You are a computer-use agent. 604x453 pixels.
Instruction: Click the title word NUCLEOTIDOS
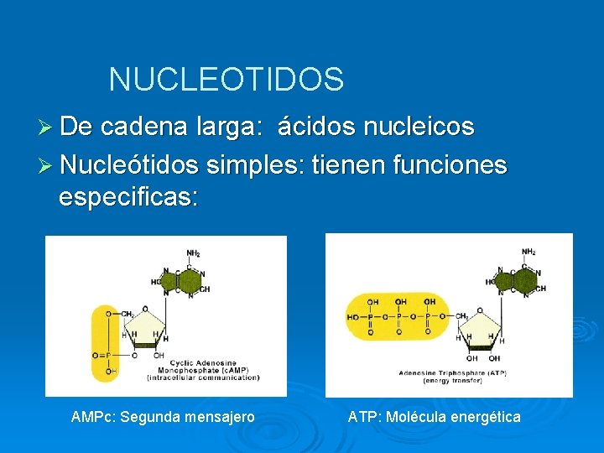pyautogui.click(x=226, y=80)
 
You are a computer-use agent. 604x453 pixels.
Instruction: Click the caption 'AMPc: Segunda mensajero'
pyautogui.click(x=163, y=417)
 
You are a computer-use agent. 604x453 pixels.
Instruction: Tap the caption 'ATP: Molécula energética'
pyautogui.click(x=434, y=417)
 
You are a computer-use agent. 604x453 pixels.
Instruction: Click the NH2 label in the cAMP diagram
pyautogui.click(x=192, y=253)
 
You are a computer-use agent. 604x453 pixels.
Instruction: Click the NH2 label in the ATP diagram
pyautogui.click(x=528, y=252)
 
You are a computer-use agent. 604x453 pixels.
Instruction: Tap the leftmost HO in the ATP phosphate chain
pyautogui.click(x=351, y=318)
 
